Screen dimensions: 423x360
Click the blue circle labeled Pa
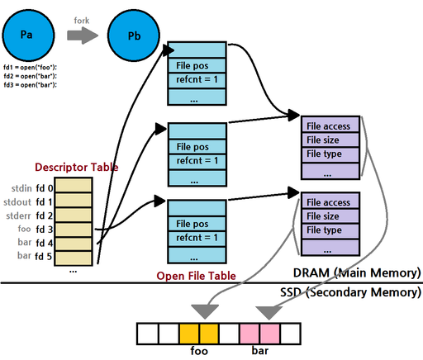click(x=28, y=36)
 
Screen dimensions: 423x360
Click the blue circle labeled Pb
click(x=134, y=36)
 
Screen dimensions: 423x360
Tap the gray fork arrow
click(x=83, y=36)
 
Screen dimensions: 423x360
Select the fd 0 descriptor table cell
click(x=74, y=185)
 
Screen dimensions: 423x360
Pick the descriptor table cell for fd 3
click(x=74, y=230)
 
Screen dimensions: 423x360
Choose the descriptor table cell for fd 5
click(x=74, y=258)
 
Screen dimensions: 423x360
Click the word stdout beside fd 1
click(x=17, y=202)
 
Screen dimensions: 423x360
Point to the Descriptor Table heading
click(x=77, y=167)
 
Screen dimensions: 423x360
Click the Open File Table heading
click(x=196, y=276)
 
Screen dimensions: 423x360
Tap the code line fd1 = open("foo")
click(x=30, y=67)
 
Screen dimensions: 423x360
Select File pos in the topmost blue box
click(x=192, y=65)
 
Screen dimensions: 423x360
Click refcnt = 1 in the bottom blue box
click(x=197, y=237)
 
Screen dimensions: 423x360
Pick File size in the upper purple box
click(x=323, y=140)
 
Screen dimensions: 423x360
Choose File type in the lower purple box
click(x=324, y=230)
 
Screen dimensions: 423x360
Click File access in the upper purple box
click(x=328, y=126)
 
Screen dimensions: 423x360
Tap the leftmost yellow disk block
click(x=189, y=334)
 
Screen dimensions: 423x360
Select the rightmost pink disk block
click(x=269, y=334)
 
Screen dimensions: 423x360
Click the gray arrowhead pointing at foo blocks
click(x=205, y=311)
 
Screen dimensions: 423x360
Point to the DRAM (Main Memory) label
click(x=357, y=272)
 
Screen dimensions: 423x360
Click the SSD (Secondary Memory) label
click(x=350, y=292)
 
